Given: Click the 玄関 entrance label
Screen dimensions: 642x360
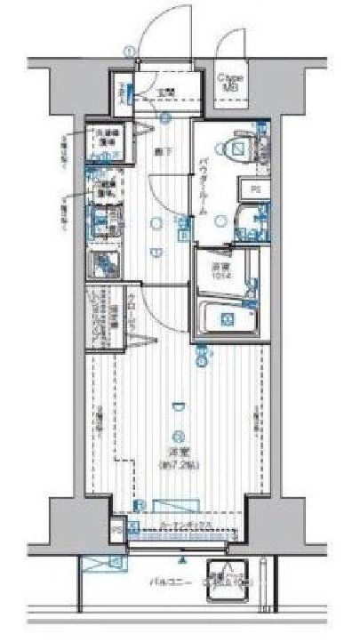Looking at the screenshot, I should click(166, 91).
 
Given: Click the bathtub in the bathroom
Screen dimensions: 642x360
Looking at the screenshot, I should click(225, 319).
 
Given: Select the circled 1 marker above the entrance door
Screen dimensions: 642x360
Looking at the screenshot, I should click(130, 52).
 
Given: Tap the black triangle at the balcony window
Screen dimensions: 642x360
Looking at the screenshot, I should click(181, 562).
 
